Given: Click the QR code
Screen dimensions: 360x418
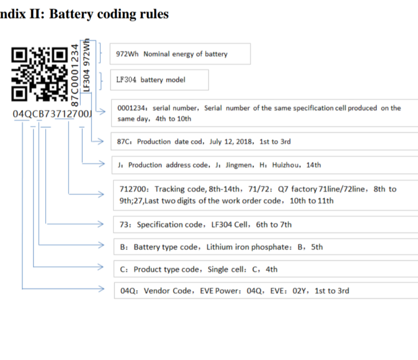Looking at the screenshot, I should tap(39, 75).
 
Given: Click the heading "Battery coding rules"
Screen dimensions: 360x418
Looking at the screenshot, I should tap(109, 14).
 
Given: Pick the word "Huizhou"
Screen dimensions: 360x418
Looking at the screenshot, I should tap(286, 165).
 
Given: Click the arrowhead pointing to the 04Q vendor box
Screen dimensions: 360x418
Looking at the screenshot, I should tap(100, 289).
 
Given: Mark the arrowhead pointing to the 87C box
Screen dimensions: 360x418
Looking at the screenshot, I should tap(100, 141).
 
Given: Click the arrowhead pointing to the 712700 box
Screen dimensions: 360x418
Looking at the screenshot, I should tap(100, 194).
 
